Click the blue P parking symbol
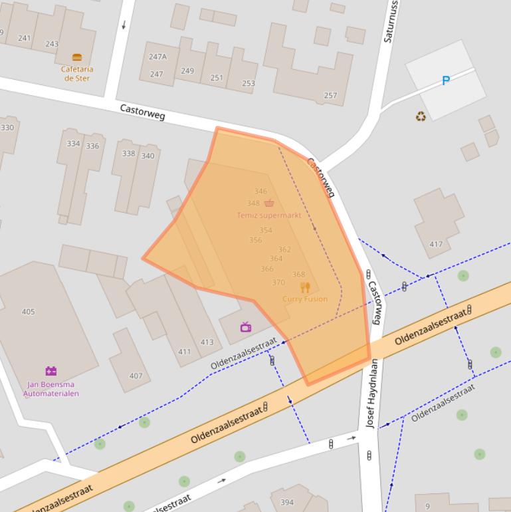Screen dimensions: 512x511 click(446, 81)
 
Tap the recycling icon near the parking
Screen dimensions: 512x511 click(421, 117)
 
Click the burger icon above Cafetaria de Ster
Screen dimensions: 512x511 click(76, 58)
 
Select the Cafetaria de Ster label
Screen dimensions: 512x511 click(77, 73)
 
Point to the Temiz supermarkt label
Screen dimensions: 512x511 click(268, 215)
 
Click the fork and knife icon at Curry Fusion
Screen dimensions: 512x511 click(305, 287)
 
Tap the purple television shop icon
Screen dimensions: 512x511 click(245, 326)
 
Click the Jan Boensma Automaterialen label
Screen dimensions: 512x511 click(51, 389)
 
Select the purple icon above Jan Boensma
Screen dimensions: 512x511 click(51, 371)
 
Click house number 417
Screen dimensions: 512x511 click(435, 245)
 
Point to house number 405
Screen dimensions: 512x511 click(28, 312)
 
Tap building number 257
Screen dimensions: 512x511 click(330, 96)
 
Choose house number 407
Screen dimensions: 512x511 click(136, 376)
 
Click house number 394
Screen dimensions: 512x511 click(286, 503)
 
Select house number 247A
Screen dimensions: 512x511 click(157, 57)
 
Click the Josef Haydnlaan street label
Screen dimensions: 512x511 click(371, 402)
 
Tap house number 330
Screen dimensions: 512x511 click(7, 128)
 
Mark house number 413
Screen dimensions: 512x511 click(207, 342)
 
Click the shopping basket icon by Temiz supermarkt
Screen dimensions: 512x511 click(268, 203)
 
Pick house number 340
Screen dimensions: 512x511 click(148, 156)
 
